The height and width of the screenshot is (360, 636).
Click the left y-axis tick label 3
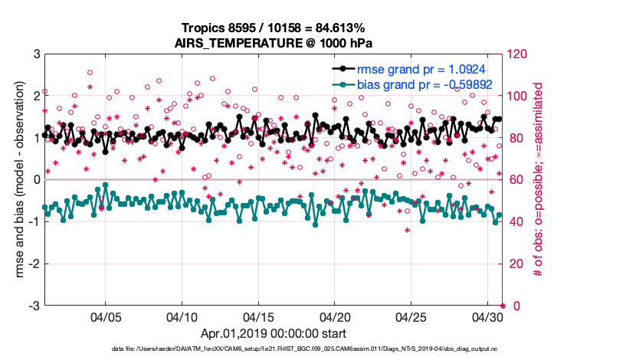coord(36,54)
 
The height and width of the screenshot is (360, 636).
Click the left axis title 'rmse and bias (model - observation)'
coord(15,180)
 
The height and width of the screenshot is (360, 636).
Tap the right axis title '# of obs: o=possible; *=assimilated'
coord(539,180)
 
